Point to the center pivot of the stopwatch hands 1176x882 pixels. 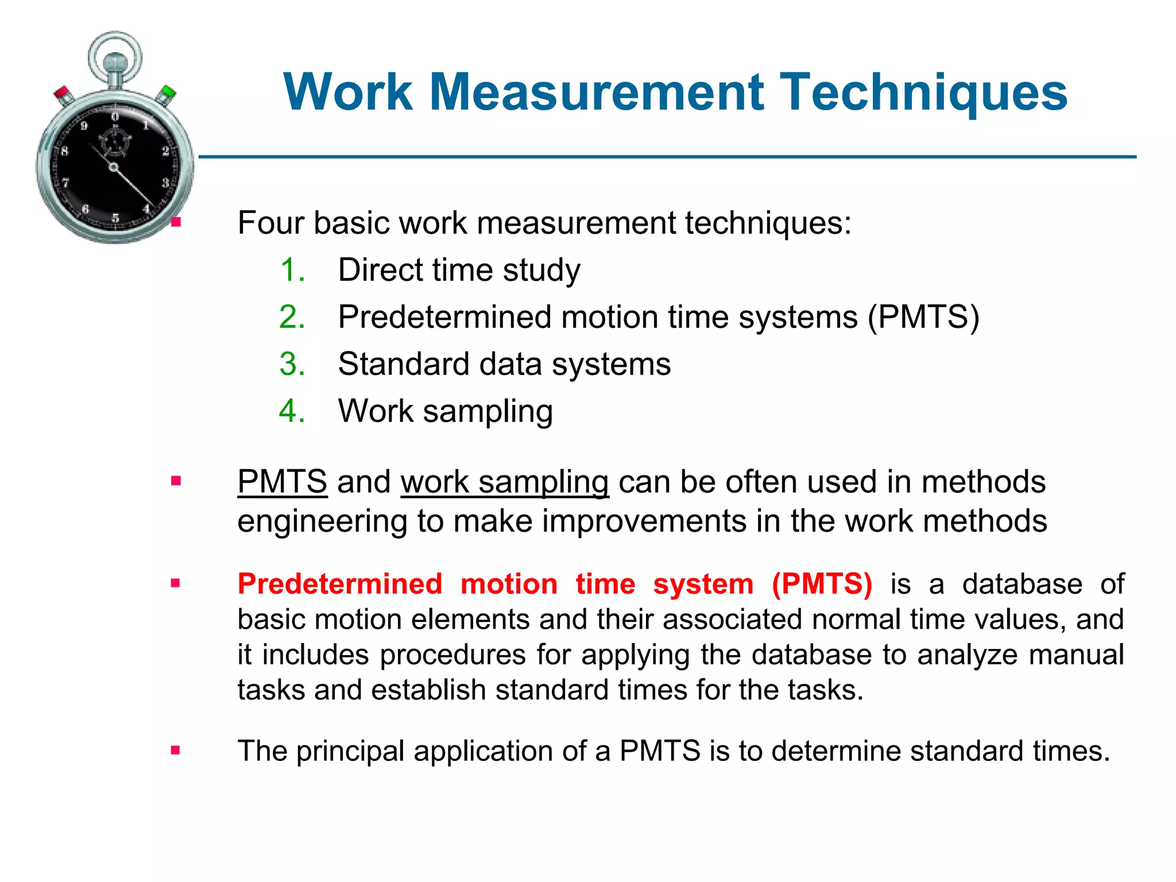[x=114, y=167]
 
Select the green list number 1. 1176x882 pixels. [x=292, y=270]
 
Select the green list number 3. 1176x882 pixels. [x=292, y=364]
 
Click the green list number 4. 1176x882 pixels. [x=292, y=411]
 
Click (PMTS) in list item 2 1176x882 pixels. [x=923, y=317]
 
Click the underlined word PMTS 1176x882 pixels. [x=282, y=481]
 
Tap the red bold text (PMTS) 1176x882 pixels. [x=822, y=584]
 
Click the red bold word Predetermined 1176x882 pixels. [x=340, y=584]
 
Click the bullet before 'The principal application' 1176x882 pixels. [x=176, y=750]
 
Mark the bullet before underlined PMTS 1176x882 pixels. [x=176, y=481]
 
